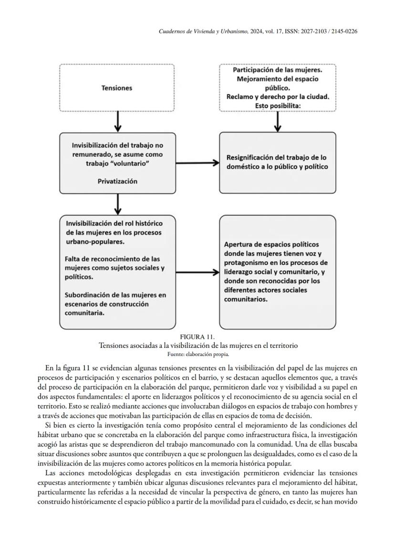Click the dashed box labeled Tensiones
click(117, 88)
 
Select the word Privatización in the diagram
click(117, 181)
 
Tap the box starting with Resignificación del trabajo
click(277, 162)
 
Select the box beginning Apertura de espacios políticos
click(277, 272)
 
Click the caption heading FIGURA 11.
click(197, 337)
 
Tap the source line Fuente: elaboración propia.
click(197, 354)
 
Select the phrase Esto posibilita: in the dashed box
click(277, 105)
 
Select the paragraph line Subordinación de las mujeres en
click(116, 295)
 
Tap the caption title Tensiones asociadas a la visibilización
click(197, 345)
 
